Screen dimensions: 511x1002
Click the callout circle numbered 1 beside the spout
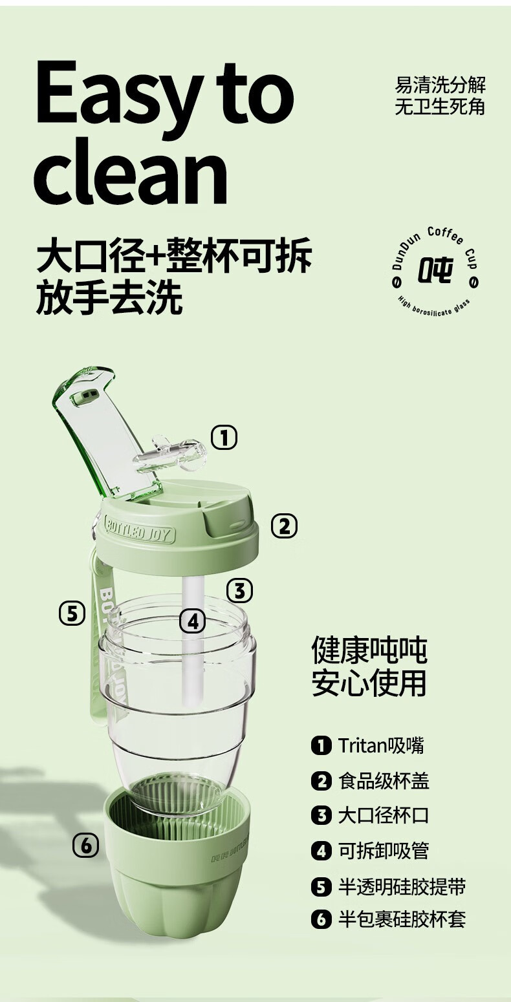click(x=224, y=438)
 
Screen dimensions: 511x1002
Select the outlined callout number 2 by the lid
click(x=284, y=526)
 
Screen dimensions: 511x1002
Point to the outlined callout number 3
click(x=240, y=590)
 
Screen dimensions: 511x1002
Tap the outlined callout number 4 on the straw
click(x=193, y=622)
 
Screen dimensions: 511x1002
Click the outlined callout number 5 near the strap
click(x=72, y=613)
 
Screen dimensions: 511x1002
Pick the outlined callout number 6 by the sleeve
click(x=86, y=846)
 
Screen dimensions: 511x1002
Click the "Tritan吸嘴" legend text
click(x=381, y=746)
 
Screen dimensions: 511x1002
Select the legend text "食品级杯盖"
click(x=384, y=781)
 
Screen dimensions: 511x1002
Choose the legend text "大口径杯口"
click(x=384, y=815)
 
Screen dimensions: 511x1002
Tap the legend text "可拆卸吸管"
click(x=384, y=850)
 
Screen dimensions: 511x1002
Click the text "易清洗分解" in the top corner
click(x=440, y=85)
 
